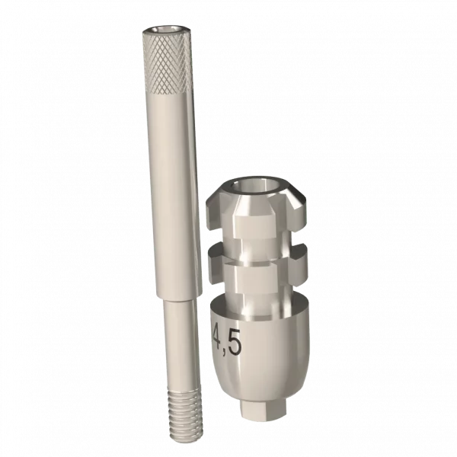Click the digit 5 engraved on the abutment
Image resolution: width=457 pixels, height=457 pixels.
coord(234,344)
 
